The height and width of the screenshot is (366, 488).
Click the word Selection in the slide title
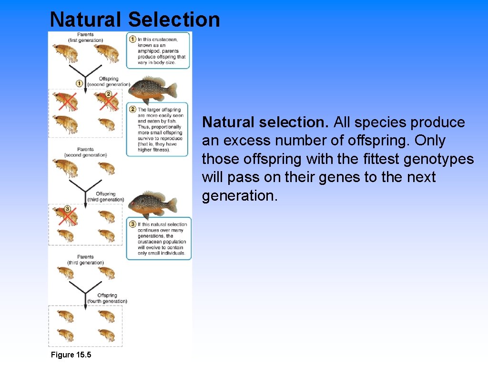174,20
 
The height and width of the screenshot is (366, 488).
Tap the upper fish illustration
153,89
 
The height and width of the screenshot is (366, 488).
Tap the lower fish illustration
153,203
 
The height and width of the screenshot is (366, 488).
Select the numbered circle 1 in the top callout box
132,39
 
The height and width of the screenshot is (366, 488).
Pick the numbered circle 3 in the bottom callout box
132,224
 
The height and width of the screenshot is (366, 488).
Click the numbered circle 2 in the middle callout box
132,110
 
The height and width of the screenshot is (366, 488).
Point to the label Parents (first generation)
86,37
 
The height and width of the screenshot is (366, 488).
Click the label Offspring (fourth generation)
107,298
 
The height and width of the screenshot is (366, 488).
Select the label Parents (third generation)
85,260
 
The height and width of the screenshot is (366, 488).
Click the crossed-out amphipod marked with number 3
67,215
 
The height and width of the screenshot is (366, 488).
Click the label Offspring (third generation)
105,197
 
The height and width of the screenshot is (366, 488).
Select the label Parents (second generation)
85,152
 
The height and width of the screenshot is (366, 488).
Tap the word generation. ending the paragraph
239,195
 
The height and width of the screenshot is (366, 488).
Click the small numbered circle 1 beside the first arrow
80,83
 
